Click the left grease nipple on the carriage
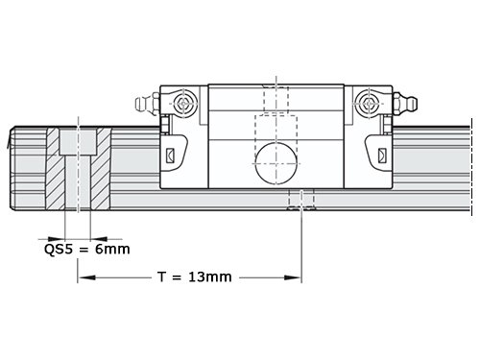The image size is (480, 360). point(147,104)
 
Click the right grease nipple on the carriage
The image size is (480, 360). point(405,104)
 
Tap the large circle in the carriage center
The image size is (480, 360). point(276,163)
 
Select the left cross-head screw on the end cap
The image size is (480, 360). point(183,104)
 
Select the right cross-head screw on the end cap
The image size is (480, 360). point(369,104)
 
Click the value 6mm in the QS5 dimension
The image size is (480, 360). point(112,249)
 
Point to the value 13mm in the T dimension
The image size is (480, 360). point(210,276)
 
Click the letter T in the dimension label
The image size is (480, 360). point(162,276)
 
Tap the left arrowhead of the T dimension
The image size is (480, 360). point(86,277)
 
